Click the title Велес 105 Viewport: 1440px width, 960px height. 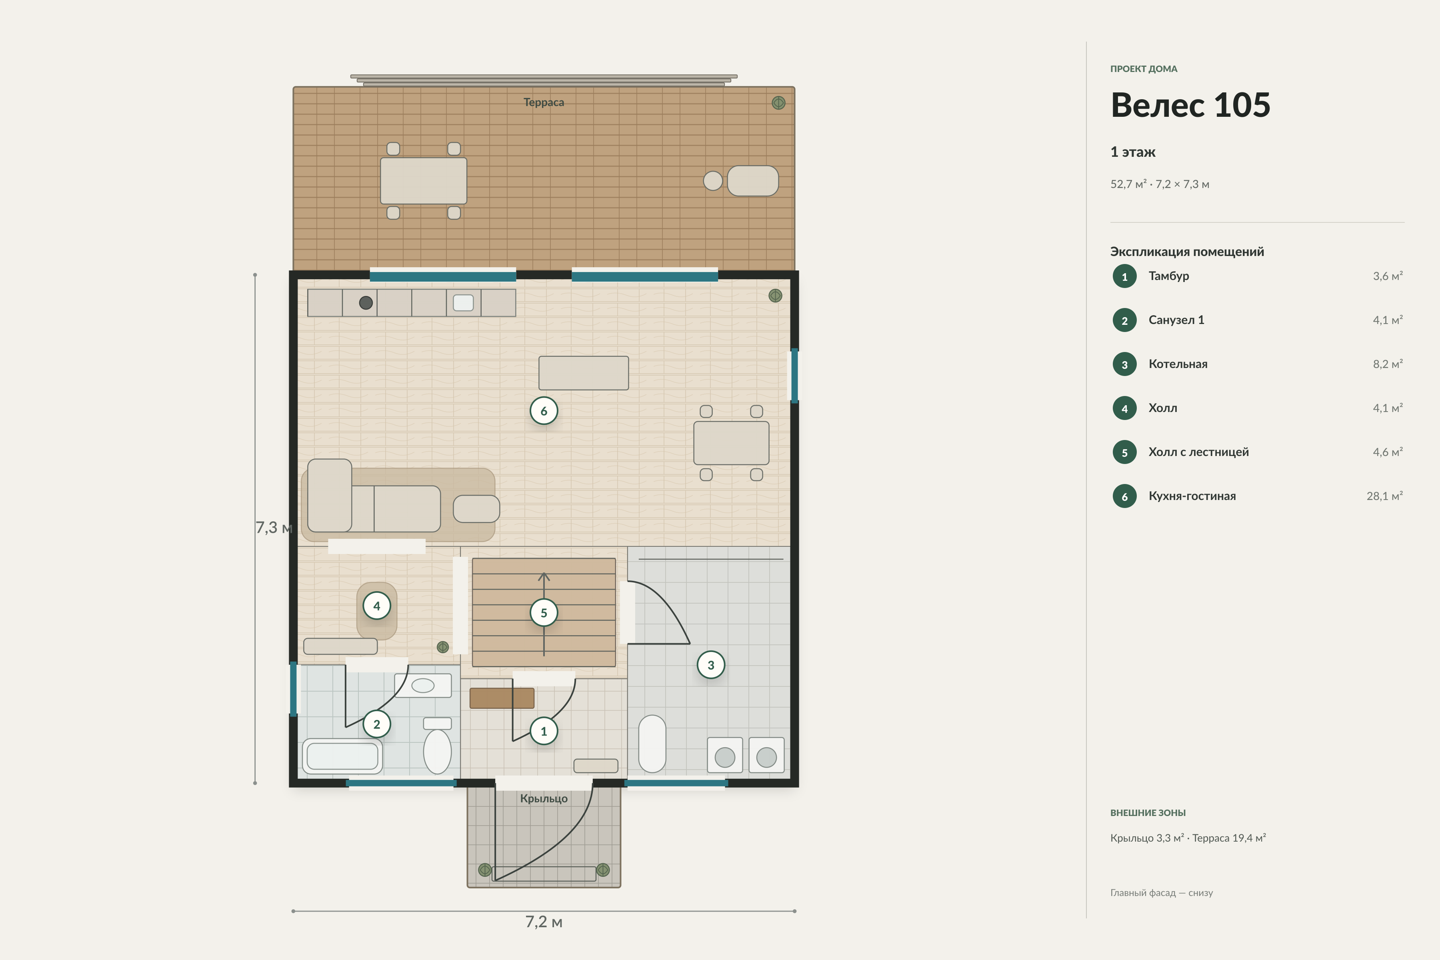click(1190, 105)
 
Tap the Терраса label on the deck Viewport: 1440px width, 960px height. click(544, 102)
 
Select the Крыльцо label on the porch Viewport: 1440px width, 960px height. click(544, 798)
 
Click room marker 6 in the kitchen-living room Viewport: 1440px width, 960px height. click(544, 411)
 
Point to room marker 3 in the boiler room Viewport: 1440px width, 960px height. click(711, 665)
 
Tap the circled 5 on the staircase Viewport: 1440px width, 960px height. click(544, 613)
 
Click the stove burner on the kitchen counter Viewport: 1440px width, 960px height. click(366, 302)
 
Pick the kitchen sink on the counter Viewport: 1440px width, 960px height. click(463, 302)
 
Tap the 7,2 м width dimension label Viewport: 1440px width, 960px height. click(544, 922)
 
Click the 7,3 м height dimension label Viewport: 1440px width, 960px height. click(274, 527)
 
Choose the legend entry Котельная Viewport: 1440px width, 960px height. click(1178, 364)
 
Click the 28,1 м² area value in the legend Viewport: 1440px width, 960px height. click(1384, 496)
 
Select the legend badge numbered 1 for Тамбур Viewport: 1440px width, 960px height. click(1125, 276)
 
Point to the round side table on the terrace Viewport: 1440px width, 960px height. click(713, 181)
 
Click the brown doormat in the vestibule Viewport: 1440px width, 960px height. click(502, 698)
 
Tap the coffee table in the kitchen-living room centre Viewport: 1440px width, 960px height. click(584, 373)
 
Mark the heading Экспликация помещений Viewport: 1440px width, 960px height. click(1187, 252)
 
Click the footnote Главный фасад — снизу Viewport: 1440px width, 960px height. click(1162, 893)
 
